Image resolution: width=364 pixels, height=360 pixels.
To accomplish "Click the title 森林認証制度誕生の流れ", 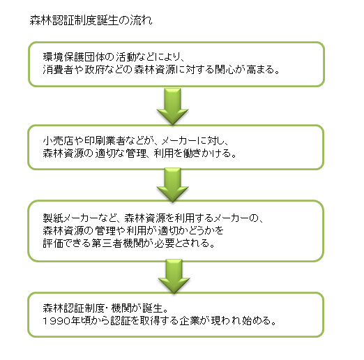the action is coord(91,20).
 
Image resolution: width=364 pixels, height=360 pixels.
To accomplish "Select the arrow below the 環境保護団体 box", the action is coord(172,106).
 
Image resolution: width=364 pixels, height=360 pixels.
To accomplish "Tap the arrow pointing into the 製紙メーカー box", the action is coord(172,185).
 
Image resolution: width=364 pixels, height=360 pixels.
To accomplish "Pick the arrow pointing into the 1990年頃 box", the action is coord(174,276).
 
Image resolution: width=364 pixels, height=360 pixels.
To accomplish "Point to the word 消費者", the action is coord(58,70).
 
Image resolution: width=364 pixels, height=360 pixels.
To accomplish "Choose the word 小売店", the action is coord(58,140).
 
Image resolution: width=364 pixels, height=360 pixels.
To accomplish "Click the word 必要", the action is coord(165,243).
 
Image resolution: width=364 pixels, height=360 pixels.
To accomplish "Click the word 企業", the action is coord(189,321).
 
